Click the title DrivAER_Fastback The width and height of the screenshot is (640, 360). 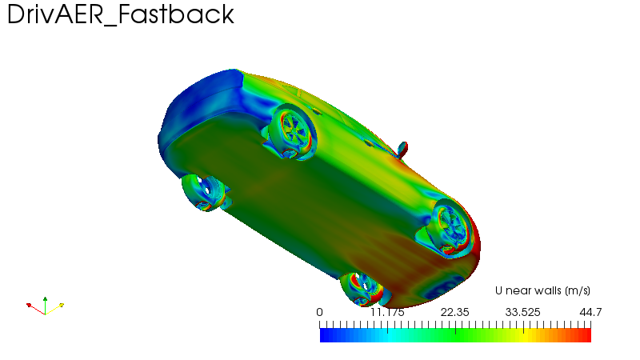(121, 14)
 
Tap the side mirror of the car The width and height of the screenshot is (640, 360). (402, 150)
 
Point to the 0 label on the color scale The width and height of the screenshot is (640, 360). (319, 312)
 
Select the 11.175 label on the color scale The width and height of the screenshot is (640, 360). (387, 312)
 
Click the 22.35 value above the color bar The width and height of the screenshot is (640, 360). (454, 312)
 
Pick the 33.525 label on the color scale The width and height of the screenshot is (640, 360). (523, 312)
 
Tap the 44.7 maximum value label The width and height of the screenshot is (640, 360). (590, 312)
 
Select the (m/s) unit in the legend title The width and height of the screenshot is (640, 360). (578, 290)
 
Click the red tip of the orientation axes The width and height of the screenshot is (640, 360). (29, 305)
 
